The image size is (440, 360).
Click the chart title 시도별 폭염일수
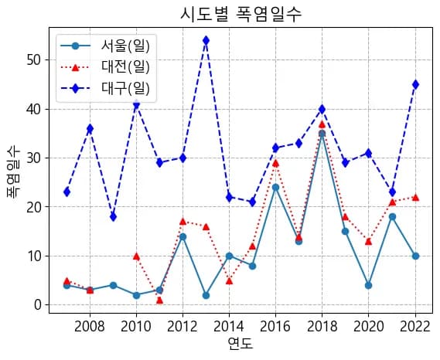tap(240, 14)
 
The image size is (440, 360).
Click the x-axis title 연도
tap(240, 344)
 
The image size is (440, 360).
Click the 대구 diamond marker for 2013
tap(206, 40)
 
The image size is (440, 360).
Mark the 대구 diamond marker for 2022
tap(415, 84)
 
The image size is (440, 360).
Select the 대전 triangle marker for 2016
tap(275, 163)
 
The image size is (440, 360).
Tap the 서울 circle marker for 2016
tap(275, 187)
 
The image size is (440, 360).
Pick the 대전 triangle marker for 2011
tap(159, 300)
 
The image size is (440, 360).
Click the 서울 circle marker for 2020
tap(369, 285)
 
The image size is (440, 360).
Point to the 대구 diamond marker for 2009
tap(113, 216)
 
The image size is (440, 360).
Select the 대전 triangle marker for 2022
tap(415, 197)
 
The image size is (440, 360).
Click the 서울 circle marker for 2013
tap(206, 295)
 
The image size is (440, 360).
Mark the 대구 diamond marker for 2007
tap(67, 192)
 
